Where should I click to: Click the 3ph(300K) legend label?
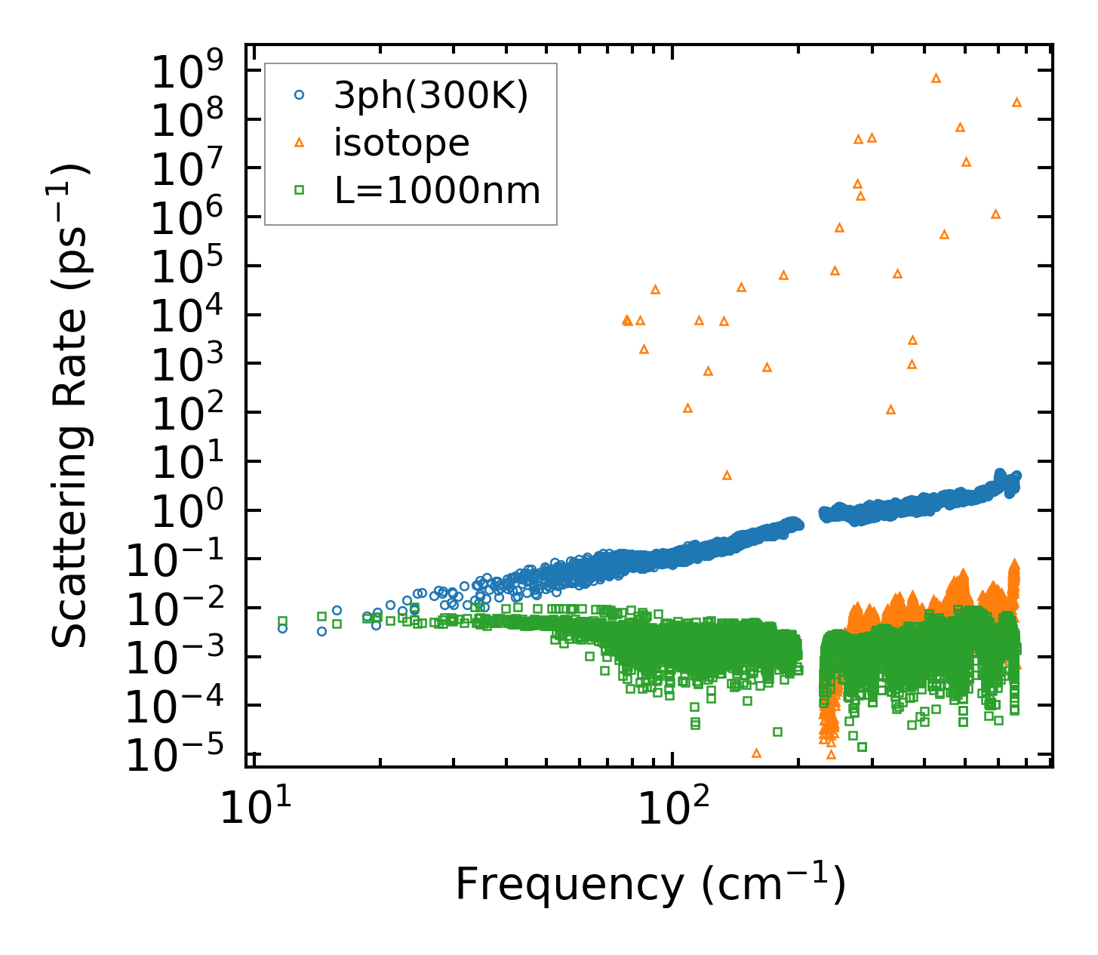coord(431,96)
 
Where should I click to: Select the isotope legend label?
coord(401,143)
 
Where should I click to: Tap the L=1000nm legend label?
coord(438,191)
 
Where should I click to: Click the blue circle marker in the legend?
coord(300,95)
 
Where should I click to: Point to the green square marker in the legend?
coord(300,190)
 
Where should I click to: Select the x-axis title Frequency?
coord(649,885)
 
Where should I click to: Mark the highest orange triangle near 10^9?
coord(936,78)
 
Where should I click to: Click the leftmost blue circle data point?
coord(282,628)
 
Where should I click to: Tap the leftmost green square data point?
coord(282,621)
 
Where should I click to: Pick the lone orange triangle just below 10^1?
coord(727,475)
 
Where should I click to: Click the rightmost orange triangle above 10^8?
coord(1016,102)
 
